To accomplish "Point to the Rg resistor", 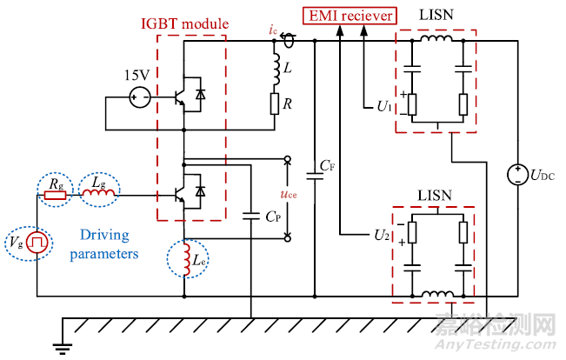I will click(x=55, y=195).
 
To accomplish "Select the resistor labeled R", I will click(x=274, y=105).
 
